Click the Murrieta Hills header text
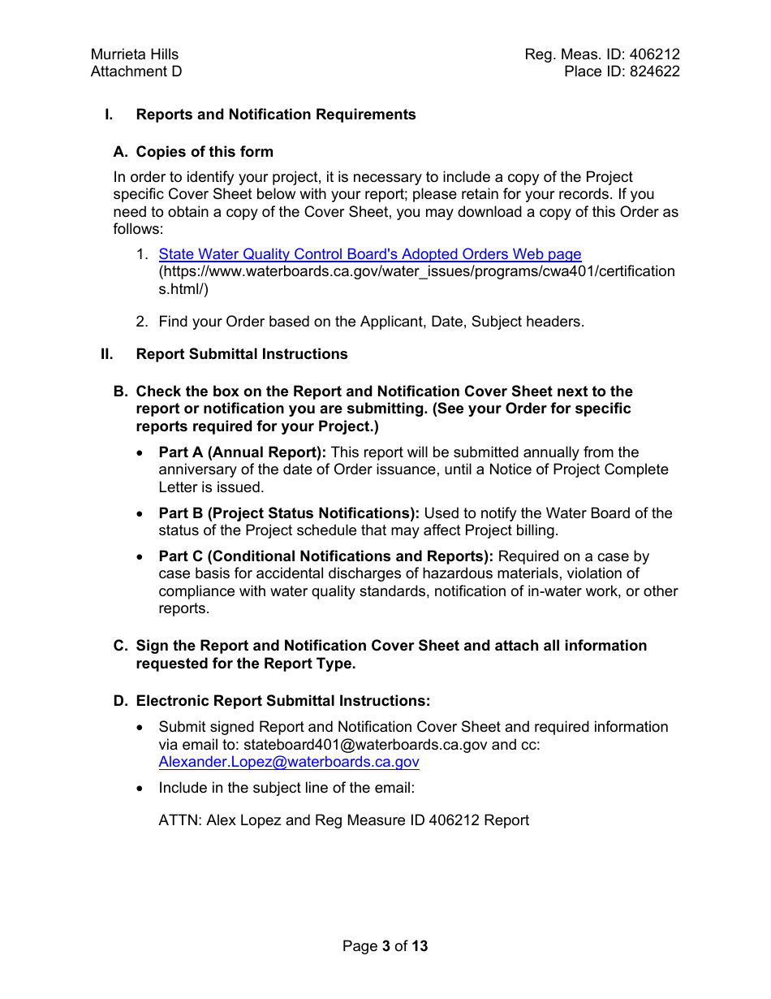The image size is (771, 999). [x=135, y=54]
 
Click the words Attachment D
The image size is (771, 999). [x=136, y=71]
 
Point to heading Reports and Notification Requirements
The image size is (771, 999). [x=276, y=115]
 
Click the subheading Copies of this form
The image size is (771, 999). [x=205, y=152]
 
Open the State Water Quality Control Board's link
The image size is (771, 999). [x=370, y=254]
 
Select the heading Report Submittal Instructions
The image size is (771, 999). [x=242, y=354]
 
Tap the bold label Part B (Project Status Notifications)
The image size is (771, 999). [x=289, y=513]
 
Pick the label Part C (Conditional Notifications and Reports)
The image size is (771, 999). [x=326, y=556]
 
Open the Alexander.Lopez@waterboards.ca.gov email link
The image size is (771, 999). [x=289, y=762]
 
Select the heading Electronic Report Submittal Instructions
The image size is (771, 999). [x=283, y=701]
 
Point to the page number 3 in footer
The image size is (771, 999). [x=386, y=946]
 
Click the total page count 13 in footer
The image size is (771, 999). [x=420, y=946]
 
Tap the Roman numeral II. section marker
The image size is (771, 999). [x=107, y=354]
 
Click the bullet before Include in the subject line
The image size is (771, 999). [x=142, y=788]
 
